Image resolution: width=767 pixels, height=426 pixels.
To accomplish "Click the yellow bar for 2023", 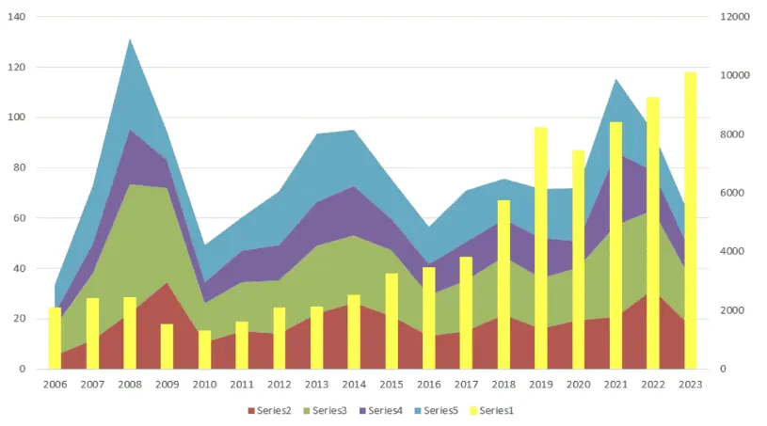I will (x=690, y=220).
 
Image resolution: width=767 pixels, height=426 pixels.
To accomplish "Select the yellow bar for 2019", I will (x=541, y=248).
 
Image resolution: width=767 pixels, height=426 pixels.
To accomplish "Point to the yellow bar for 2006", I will (x=56, y=338).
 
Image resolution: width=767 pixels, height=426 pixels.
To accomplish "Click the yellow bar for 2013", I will (x=316, y=337).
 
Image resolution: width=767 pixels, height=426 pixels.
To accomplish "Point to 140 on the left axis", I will (x=16, y=17).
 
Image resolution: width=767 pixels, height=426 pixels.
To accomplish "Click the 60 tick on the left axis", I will (x=19, y=218).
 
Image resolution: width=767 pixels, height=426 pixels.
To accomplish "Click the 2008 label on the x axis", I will (x=130, y=385).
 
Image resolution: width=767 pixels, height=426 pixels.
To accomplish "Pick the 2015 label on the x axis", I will (x=391, y=385).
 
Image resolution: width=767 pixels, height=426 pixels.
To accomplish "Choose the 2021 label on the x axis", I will (x=615, y=385).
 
